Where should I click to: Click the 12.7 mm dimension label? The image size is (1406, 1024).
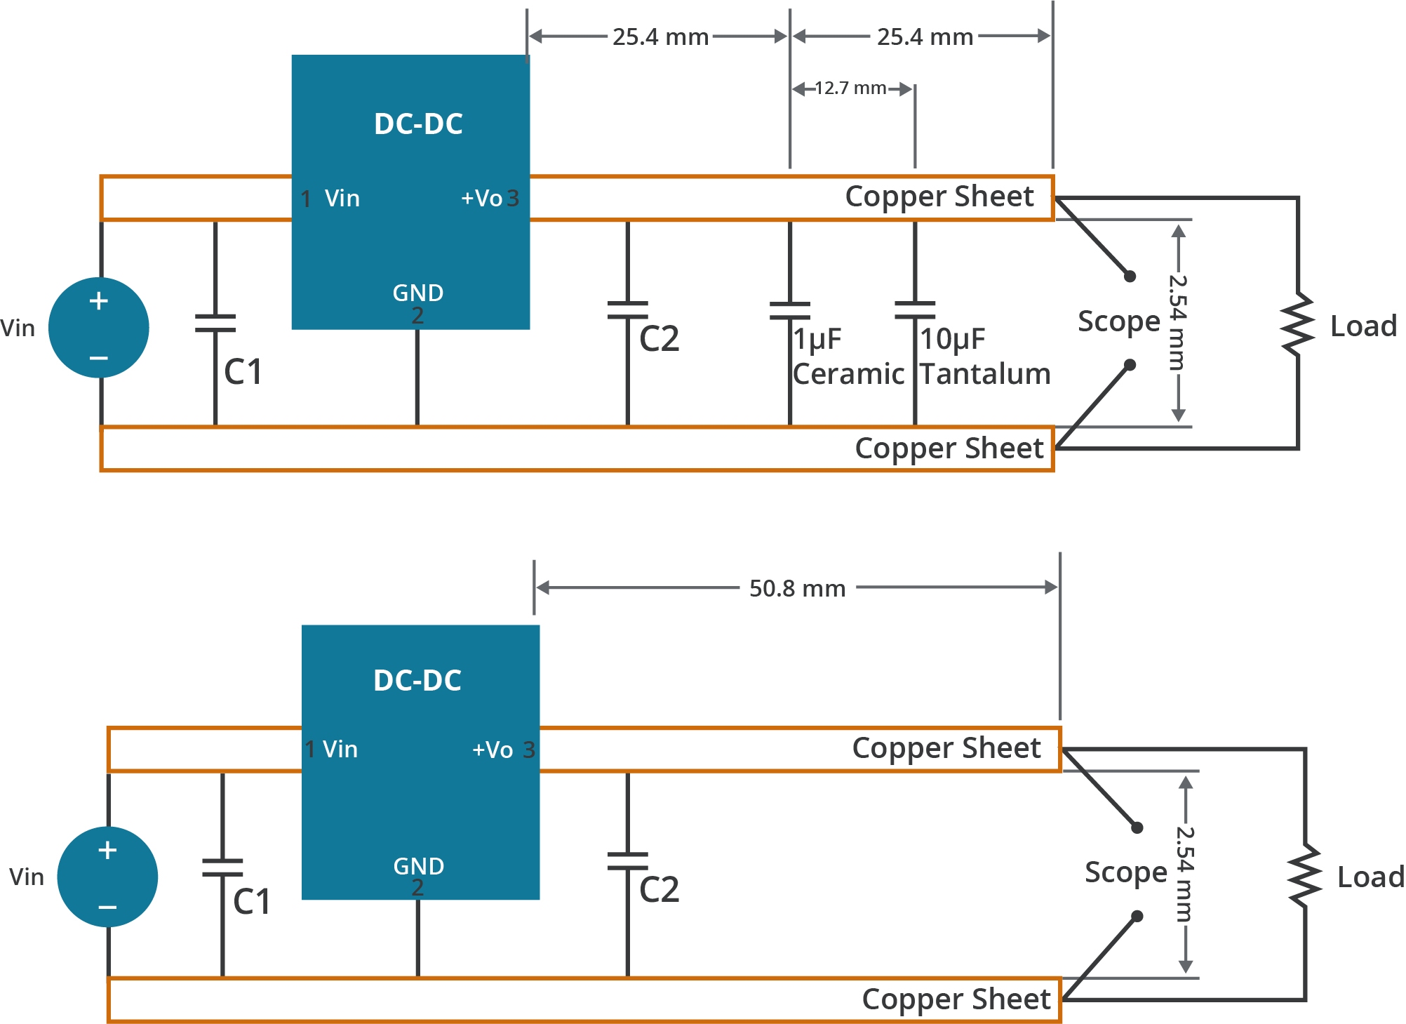(850, 88)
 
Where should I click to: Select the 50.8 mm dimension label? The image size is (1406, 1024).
(797, 588)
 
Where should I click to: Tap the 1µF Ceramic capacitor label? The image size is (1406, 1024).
(848, 357)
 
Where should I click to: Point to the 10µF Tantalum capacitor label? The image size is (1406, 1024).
(985, 357)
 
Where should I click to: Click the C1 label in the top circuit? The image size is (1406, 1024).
(243, 372)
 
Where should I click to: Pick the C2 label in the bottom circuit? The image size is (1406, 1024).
(659, 890)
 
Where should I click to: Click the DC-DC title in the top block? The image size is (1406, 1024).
(418, 124)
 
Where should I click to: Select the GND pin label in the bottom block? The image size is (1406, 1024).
(419, 866)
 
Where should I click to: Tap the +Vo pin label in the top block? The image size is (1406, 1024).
(482, 199)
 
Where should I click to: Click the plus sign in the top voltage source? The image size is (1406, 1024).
(99, 301)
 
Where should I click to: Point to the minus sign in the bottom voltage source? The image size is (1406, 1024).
(107, 907)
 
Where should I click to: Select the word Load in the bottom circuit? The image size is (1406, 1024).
(1370, 877)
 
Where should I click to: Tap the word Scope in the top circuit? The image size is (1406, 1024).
(1119, 321)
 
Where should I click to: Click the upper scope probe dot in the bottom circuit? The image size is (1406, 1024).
(1137, 828)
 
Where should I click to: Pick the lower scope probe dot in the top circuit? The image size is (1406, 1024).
(1130, 365)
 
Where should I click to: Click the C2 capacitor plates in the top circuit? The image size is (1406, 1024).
(627, 310)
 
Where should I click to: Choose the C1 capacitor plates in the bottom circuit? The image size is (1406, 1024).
(222, 867)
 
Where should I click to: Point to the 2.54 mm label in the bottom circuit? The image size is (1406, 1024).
(1184, 875)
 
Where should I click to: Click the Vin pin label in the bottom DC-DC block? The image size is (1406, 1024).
(340, 750)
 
